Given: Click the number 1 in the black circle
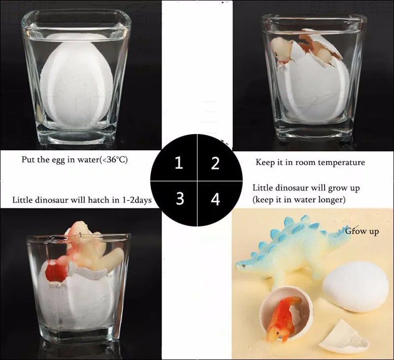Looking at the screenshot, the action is [x=179, y=163].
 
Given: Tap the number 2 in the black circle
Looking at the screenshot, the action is [x=215, y=163].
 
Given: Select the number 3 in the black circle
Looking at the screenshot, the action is [x=180, y=198].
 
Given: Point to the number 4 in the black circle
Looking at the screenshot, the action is [x=215, y=199].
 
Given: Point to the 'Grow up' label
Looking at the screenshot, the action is [x=362, y=231].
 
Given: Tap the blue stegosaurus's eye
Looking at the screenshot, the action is [x=244, y=265].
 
